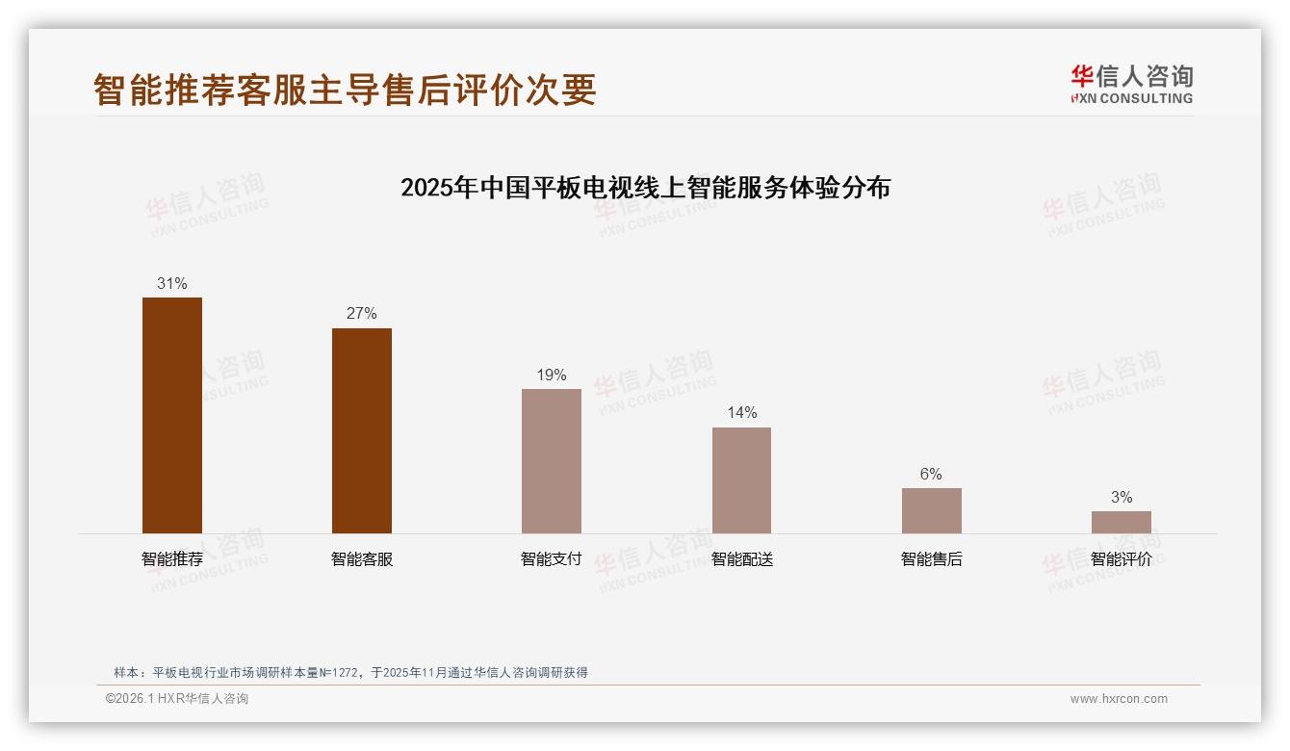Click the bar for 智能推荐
[172, 415]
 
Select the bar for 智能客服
[362, 430]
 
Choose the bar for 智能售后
[931, 510]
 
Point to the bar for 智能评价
[1121, 522]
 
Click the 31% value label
[172, 284]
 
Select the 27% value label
[362, 314]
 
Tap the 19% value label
[552, 375]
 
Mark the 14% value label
[741, 413]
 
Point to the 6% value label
[931, 475]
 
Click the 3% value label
[1121, 498]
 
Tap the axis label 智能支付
[552, 559]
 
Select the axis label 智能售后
[931, 559]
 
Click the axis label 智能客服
[362, 559]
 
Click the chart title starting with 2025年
[645, 187]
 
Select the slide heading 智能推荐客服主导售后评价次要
[345, 90]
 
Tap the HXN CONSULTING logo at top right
[1131, 85]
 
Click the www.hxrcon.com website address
[1119, 699]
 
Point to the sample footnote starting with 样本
[350, 673]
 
